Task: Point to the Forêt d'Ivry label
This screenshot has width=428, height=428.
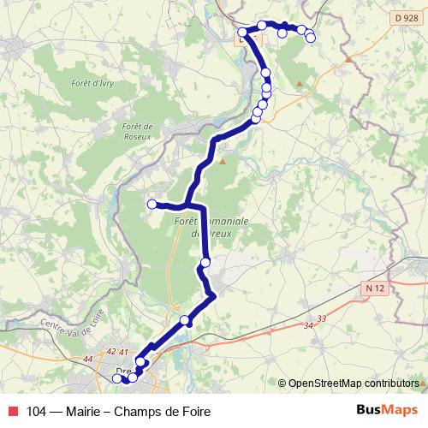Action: coord(92,83)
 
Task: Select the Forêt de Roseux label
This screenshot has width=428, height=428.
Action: coord(137,131)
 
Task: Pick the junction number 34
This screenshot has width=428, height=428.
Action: coord(308,325)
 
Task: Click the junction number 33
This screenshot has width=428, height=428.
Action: coord(322,318)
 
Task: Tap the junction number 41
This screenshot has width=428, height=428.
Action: coord(123,352)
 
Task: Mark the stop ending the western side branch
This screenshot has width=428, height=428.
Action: coord(152,204)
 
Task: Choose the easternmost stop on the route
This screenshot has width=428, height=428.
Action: coord(311,38)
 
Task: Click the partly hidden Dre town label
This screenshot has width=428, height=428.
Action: coord(121,370)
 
